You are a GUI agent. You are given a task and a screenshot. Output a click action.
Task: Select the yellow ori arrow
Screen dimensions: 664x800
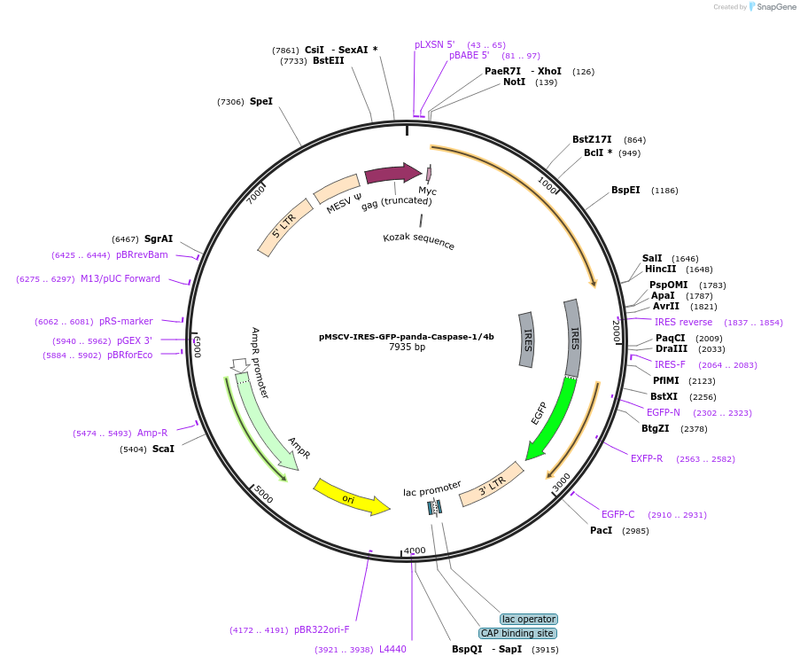tap(351, 497)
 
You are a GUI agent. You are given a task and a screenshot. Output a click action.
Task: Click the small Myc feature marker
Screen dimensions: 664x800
tap(429, 174)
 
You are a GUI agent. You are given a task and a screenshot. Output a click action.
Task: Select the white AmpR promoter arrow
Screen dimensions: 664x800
tap(238, 364)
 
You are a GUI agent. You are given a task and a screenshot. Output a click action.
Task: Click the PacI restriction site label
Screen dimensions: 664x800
tap(601, 530)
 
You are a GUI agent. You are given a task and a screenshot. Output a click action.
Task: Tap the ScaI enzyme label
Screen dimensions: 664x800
tap(163, 449)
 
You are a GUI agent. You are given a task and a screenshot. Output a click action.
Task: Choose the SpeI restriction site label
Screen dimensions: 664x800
tap(260, 102)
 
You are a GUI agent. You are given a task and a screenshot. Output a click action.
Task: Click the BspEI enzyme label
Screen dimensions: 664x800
tap(625, 191)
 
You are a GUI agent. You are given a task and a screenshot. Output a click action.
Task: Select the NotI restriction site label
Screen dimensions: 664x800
tap(514, 82)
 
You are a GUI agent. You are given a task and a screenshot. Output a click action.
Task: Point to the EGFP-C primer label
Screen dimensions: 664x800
tap(618, 514)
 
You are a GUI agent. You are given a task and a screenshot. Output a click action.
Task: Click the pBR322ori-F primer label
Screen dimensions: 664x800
tap(322, 629)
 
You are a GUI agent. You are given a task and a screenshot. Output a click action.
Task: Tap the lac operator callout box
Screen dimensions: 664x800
tap(528, 619)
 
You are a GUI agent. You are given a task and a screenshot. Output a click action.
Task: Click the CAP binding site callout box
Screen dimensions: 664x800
tap(517, 633)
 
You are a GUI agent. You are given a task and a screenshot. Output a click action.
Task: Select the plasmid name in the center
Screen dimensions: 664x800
tap(407, 337)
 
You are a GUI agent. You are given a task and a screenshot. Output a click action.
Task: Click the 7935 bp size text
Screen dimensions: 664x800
tap(407, 348)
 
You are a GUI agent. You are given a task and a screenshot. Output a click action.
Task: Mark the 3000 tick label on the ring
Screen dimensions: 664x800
tap(562, 483)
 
